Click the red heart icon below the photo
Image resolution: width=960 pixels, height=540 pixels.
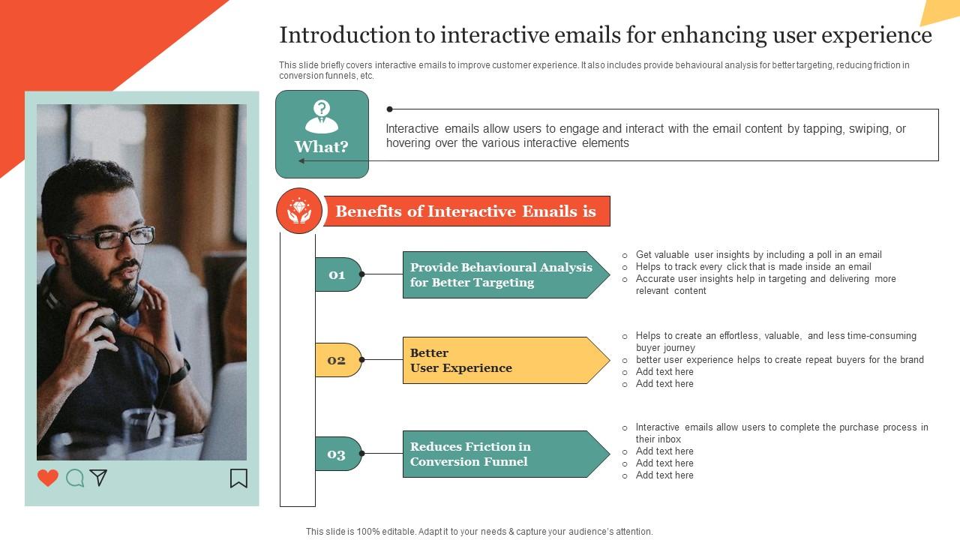pos(48,478)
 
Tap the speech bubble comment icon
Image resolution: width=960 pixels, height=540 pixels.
pos(75,478)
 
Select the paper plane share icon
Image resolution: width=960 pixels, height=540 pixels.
pos(98,477)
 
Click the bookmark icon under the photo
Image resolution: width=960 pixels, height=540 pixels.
pos(238,478)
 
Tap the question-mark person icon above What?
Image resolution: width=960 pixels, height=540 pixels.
pos(322,116)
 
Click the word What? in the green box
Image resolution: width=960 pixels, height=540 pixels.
pos(322,147)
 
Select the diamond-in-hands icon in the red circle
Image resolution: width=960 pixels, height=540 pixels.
pos(299,211)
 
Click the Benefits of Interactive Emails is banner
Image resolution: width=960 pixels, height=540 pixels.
pos(466,211)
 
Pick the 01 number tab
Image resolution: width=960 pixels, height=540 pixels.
pos(337,274)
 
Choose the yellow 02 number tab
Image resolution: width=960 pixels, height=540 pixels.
pos(337,360)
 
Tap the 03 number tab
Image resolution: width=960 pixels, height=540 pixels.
pos(337,454)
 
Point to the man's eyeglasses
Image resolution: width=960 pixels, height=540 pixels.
pos(112,238)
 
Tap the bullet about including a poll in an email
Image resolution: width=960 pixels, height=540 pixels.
pos(757,255)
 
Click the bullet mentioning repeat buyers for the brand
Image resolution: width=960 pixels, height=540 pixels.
pos(778,360)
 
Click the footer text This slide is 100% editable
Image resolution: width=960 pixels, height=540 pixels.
pos(478,531)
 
